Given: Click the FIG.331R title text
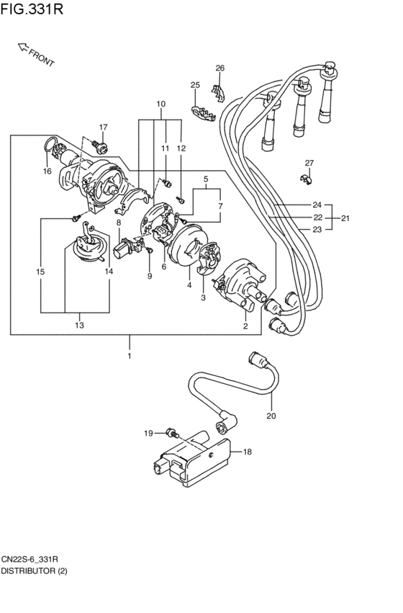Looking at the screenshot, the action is (32, 9).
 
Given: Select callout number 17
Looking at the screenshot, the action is (103, 127).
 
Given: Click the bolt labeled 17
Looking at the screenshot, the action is (100, 146).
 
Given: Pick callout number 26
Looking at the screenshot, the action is (220, 68).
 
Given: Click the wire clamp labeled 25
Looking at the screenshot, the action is (203, 113).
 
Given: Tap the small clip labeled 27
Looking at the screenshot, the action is (307, 179).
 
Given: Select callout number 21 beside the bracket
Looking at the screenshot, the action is (345, 218).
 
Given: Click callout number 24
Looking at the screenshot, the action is (317, 205).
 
